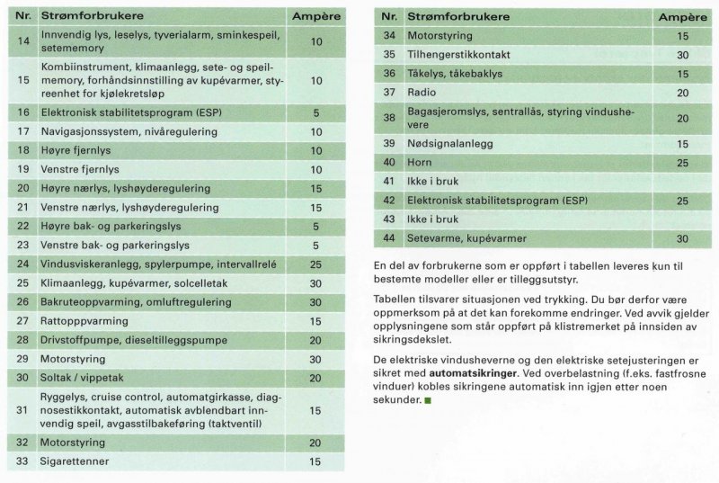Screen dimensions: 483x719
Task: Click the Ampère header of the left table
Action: coord(315,16)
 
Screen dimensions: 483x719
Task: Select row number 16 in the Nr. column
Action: coord(23,112)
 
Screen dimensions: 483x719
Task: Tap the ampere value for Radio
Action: coord(682,92)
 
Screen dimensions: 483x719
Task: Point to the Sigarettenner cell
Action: coord(75,461)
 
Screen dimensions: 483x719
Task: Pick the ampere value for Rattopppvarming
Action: coord(315,321)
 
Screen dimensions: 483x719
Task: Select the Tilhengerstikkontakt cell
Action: coord(461,54)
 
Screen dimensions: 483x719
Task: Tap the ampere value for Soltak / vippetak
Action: coord(315,377)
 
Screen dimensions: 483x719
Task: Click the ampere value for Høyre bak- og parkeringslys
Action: coord(315,226)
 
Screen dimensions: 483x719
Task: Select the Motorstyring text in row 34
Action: coord(441,35)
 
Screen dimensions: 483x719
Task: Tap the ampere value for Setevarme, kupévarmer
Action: coord(682,238)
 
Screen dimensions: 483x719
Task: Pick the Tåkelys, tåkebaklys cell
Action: coord(455,73)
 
